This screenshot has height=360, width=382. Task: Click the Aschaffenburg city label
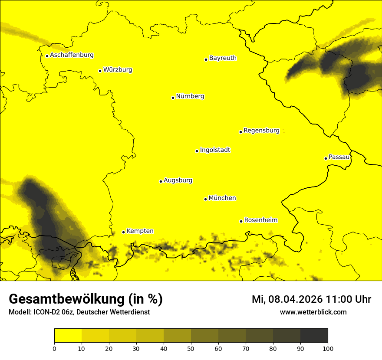pyautogui.click(x=72, y=55)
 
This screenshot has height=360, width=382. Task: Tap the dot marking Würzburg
pyautogui.click(x=100, y=71)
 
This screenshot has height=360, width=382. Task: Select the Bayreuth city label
pyautogui.click(x=223, y=58)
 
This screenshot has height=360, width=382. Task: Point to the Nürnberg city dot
pyautogui.click(x=173, y=98)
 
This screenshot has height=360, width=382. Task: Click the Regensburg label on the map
pyautogui.click(x=261, y=131)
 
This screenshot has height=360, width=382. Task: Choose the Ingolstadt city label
pyautogui.click(x=215, y=150)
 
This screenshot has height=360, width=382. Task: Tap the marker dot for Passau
pyautogui.click(x=326, y=158)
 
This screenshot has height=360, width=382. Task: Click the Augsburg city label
pyautogui.click(x=178, y=180)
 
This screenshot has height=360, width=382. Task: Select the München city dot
pyautogui.click(x=205, y=199)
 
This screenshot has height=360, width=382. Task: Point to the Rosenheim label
pyautogui.click(x=260, y=220)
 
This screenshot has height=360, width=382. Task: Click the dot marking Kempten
pyautogui.click(x=123, y=232)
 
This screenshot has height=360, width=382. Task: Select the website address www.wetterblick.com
pyautogui.click(x=313, y=312)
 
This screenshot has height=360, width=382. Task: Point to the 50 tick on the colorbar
pyautogui.click(x=191, y=348)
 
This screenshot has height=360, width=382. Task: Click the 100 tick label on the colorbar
pyautogui.click(x=328, y=348)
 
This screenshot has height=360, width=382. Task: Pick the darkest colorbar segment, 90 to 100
pyautogui.click(x=314, y=336)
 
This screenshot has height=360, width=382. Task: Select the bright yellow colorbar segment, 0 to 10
pyautogui.click(x=68, y=336)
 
